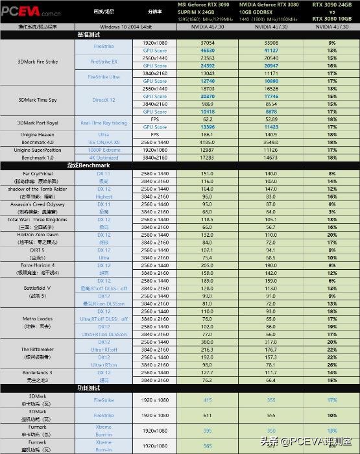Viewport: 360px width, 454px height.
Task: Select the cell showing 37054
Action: tap(208, 42)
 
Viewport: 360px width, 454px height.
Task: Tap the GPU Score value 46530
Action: tap(208, 50)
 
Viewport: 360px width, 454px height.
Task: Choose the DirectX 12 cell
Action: tap(104, 100)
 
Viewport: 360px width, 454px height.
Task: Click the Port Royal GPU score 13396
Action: tap(208, 127)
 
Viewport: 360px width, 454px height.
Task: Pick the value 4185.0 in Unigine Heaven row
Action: tap(208, 142)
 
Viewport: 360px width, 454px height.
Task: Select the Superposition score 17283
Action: tap(208, 158)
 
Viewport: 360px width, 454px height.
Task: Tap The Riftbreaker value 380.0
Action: tap(208, 342)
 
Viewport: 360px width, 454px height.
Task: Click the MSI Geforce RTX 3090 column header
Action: tap(208, 8)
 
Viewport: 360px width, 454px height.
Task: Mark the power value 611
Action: tap(208, 415)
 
